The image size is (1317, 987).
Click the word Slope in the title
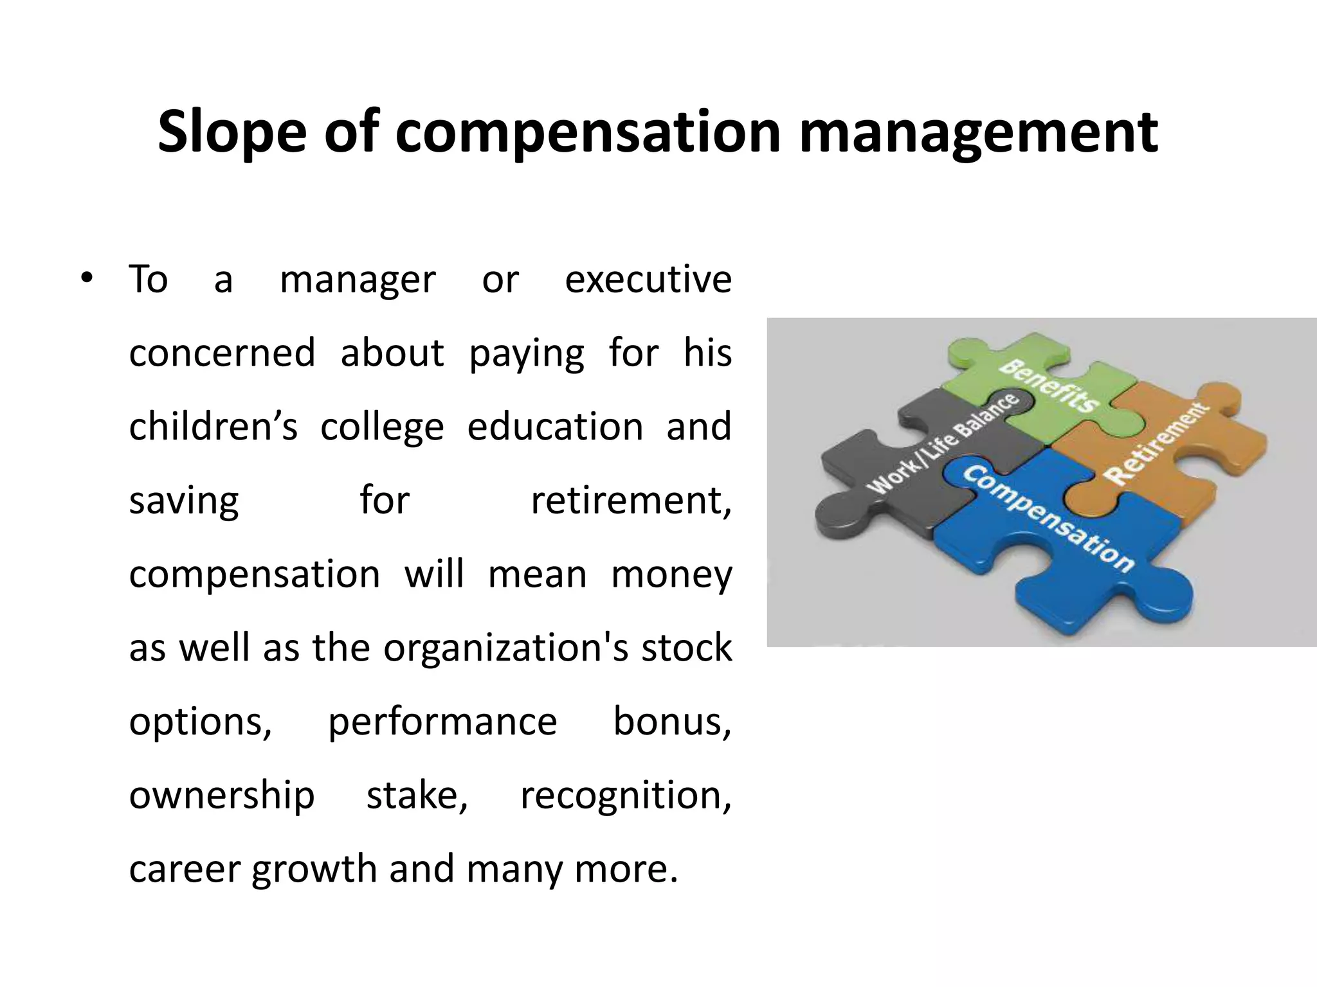pyautogui.click(x=232, y=132)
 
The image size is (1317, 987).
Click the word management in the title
pyautogui.click(x=978, y=132)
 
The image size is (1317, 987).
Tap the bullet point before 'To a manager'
pyautogui.click(x=87, y=278)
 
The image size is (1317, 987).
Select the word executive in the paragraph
pyautogui.click(x=648, y=279)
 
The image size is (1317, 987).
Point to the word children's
pyautogui.click(x=213, y=426)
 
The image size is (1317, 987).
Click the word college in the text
pyautogui.click(x=382, y=427)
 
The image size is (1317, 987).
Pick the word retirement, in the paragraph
pyautogui.click(x=631, y=500)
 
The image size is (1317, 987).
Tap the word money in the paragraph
pyautogui.click(x=671, y=574)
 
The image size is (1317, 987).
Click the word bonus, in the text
pyautogui.click(x=672, y=721)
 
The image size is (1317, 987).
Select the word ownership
pyautogui.click(x=222, y=796)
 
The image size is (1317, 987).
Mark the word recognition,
pyautogui.click(x=626, y=796)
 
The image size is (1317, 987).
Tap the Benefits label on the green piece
pyautogui.click(x=1049, y=385)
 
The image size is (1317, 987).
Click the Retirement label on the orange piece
pyautogui.click(x=1156, y=443)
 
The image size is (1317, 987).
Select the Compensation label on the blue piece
pyautogui.click(x=1048, y=519)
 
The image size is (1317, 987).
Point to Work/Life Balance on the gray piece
pyautogui.click(x=943, y=443)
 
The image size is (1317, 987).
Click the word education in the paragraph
pyautogui.click(x=555, y=426)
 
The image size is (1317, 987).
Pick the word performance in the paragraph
pyautogui.click(x=442, y=722)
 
